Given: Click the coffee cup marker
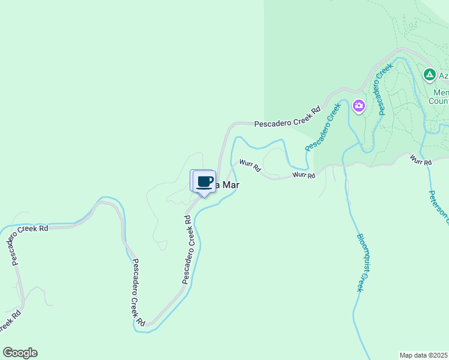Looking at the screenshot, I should [204, 181].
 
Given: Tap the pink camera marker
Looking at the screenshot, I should [359, 107].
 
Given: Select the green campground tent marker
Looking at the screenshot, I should [429, 75].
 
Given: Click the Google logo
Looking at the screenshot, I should [20, 353].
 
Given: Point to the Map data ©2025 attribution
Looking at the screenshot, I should [424, 355].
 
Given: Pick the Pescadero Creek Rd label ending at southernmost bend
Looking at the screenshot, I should [138, 292].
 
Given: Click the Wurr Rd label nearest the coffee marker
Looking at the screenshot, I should [249, 166].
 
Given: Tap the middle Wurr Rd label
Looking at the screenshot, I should [304, 175].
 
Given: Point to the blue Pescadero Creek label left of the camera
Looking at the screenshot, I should [322, 127].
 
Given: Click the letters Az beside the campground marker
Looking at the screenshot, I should [443, 76].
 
